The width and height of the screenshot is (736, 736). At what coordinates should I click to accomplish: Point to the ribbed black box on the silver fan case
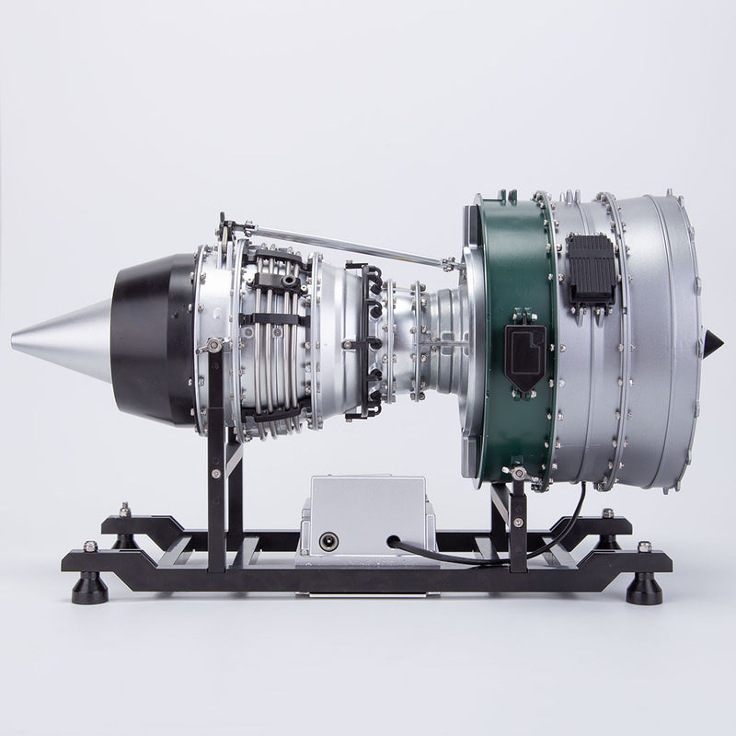[x=592, y=268]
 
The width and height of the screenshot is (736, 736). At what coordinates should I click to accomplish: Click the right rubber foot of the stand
[x=643, y=587]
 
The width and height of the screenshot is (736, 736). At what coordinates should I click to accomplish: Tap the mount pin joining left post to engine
[x=213, y=345]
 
